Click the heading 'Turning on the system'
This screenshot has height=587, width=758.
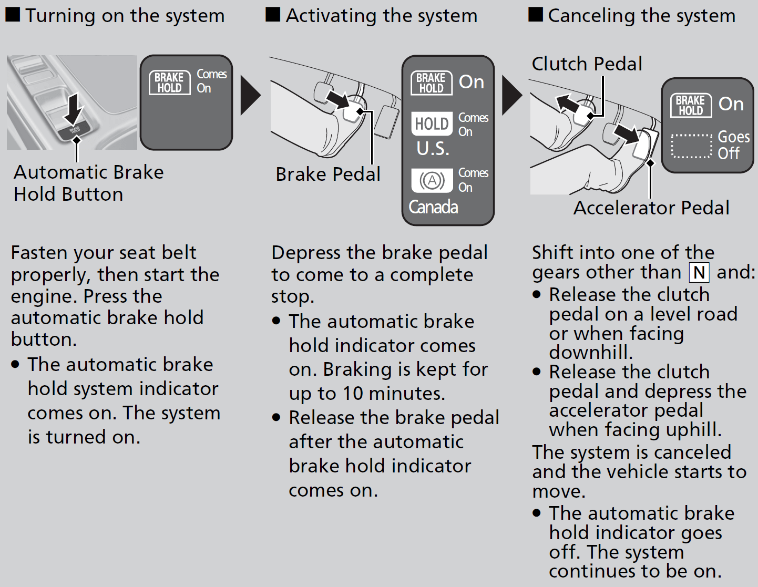125,16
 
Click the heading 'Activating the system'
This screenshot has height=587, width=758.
381,16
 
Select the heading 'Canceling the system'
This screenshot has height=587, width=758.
641,16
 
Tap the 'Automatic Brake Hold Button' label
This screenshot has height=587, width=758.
88,183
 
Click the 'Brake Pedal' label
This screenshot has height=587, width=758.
328,174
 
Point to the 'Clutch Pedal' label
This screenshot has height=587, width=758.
587,64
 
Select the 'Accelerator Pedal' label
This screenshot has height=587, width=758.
651,208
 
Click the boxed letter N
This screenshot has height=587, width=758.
699,272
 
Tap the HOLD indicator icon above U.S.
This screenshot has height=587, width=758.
432,124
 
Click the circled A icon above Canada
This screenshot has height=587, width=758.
432,181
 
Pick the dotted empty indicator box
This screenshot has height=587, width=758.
691,146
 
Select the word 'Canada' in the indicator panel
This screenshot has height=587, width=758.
433,207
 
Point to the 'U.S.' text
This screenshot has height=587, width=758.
433,149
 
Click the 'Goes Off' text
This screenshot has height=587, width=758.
733,145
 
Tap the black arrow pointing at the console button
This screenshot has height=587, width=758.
75,108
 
